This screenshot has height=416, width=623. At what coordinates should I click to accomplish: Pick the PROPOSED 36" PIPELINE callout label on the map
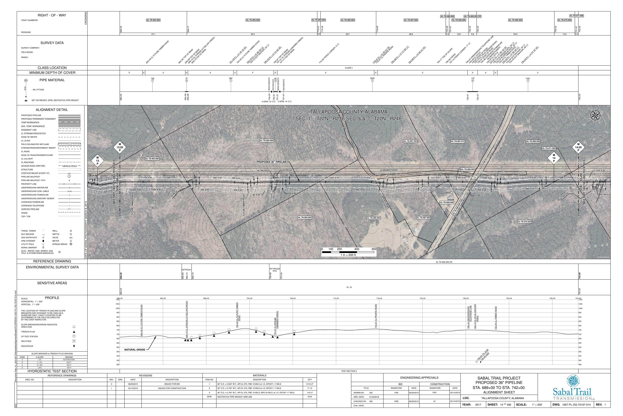tap(271, 162)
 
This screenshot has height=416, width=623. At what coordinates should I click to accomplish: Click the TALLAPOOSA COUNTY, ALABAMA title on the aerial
tap(349, 112)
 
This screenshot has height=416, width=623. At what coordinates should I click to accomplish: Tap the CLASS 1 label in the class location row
tap(349, 68)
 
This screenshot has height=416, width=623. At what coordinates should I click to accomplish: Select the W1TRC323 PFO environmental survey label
tap(275, 270)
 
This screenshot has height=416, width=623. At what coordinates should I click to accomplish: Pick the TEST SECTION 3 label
tap(349, 371)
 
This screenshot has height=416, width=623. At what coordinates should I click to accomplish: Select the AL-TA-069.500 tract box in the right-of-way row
tap(515, 20)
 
